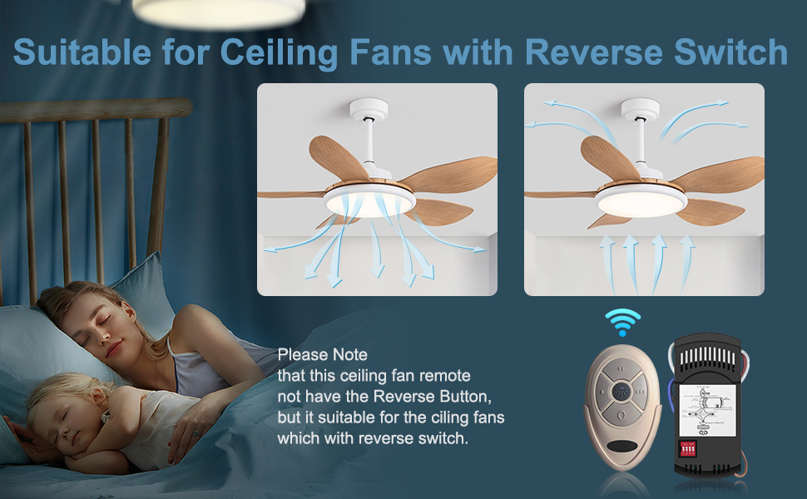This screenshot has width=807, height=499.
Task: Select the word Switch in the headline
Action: pyautogui.click(x=736, y=52)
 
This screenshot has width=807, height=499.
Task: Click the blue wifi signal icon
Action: pyautogui.click(x=622, y=321)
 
